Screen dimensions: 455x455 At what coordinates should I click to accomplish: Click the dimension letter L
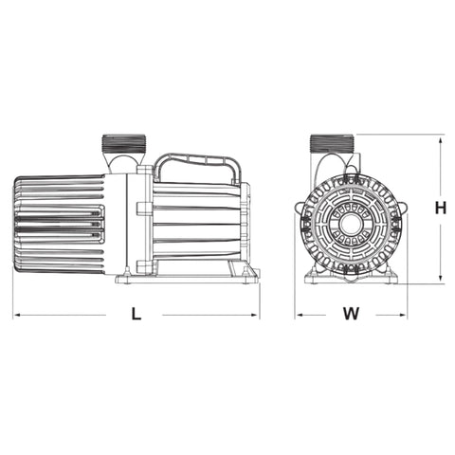tap(136, 316)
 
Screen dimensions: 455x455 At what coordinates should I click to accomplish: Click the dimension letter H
tap(442, 208)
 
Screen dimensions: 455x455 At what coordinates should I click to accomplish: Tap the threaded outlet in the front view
tap(333, 145)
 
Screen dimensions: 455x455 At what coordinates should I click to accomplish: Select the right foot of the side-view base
tap(248, 274)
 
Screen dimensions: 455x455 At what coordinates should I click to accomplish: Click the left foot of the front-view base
tap(313, 276)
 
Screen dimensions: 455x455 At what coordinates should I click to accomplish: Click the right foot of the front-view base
tap(390, 276)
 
